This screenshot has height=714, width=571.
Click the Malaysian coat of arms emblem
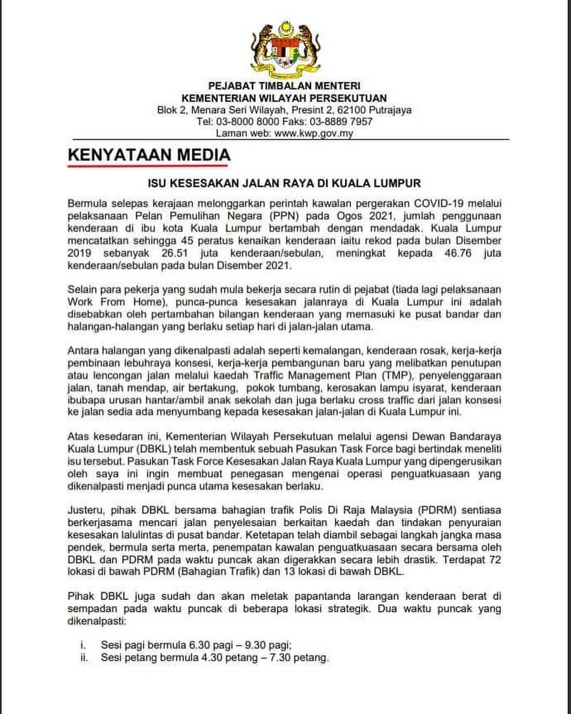[285, 49]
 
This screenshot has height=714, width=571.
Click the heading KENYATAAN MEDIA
[149, 154]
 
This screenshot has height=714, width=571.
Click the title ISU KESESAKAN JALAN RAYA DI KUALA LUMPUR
[284, 183]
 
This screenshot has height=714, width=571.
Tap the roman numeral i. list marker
[83, 645]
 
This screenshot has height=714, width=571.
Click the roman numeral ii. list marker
[84, 658]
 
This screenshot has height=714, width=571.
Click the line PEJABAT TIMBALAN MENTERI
[284, 86]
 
